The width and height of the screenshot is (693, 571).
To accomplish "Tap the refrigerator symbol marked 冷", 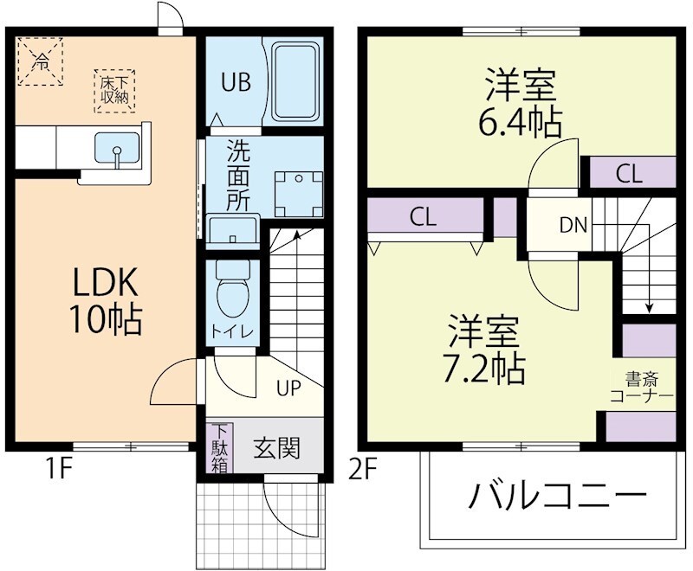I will tap(41, 61).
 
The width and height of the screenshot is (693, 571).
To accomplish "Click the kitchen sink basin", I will tap(116, 152).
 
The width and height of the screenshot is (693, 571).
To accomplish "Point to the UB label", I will tap(235, 83).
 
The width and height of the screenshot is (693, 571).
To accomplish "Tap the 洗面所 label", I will tap(238, 176).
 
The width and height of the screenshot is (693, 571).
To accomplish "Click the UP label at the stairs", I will tap(288, 388).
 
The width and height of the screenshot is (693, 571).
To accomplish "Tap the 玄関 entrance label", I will tap(276, 448).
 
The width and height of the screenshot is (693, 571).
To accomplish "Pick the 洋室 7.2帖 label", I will tap(485, 350).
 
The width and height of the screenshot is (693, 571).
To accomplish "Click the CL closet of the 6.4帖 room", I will tap(630, 173).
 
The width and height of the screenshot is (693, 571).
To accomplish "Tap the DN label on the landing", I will tap(573, 227).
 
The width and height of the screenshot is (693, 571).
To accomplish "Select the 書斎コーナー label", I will tap(641, 388).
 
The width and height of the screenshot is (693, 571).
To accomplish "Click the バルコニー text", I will tap(558, 497).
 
